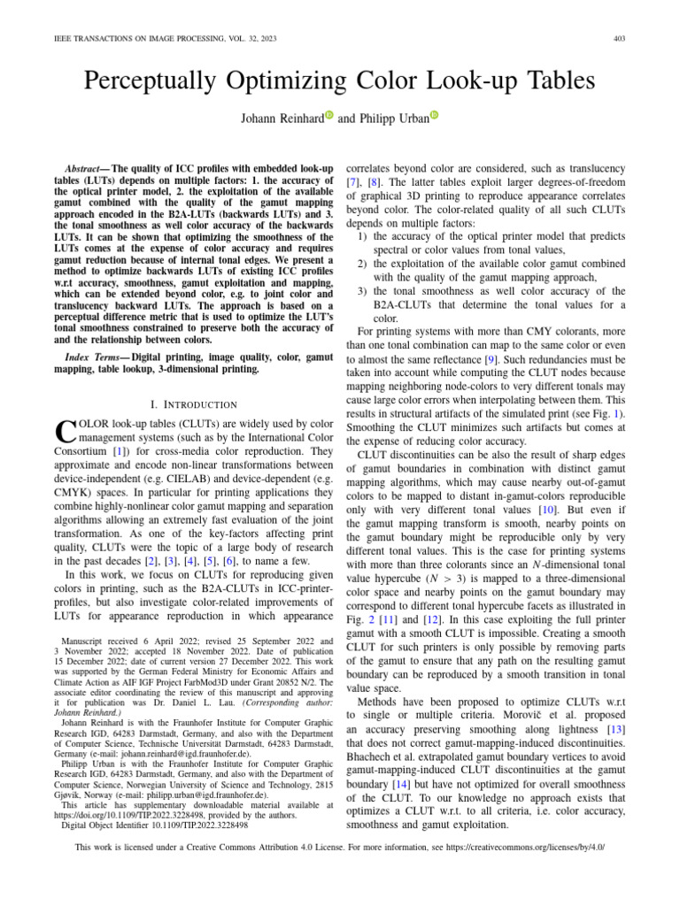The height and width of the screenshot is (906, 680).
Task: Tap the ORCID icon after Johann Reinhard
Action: click(328, 117)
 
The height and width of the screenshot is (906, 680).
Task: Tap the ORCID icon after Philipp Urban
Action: click(434, 117)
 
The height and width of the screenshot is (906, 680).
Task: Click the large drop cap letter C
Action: click(50, 432)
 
